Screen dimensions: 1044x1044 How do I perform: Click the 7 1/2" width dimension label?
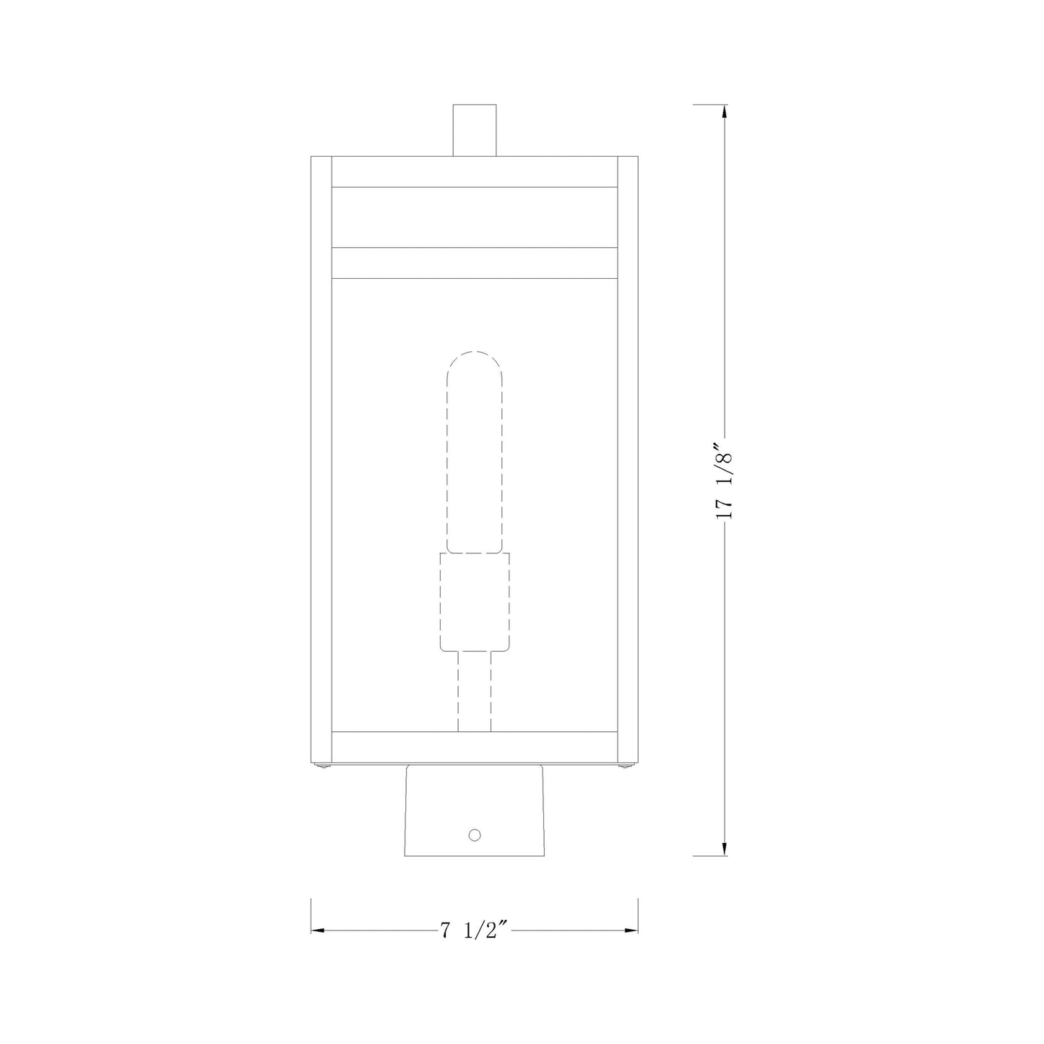[x=475, y=930]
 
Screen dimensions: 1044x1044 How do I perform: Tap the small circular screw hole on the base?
[x=475, y=834]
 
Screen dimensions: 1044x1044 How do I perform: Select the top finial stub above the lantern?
[x=475, y=130]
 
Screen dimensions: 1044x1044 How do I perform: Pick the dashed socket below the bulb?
[x=475, y=601]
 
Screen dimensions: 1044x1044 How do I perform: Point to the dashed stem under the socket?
[x=475, y=691]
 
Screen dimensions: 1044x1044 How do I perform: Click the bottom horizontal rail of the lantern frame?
[x=475, y=743]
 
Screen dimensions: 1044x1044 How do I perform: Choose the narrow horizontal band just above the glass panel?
[x=475, y=263]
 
